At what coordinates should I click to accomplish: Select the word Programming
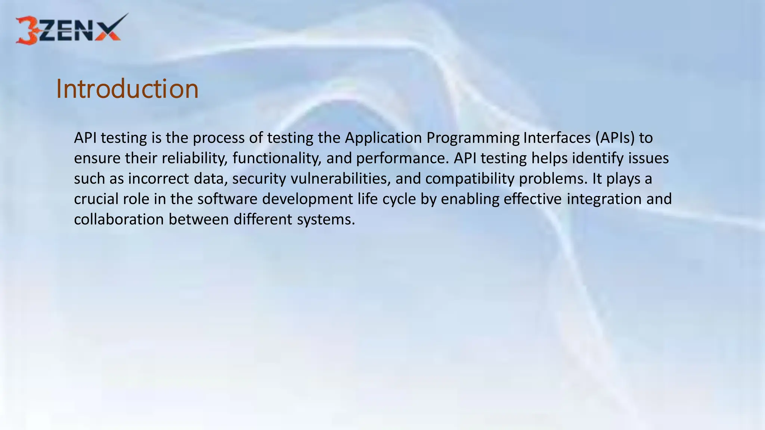[x=473, y=138]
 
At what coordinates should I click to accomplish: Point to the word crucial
[x=96, y=199]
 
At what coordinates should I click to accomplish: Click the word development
[x=307, y=199]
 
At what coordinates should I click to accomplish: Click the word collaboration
[x=119, y=219]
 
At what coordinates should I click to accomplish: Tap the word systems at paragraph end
[x=325, y=219]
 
